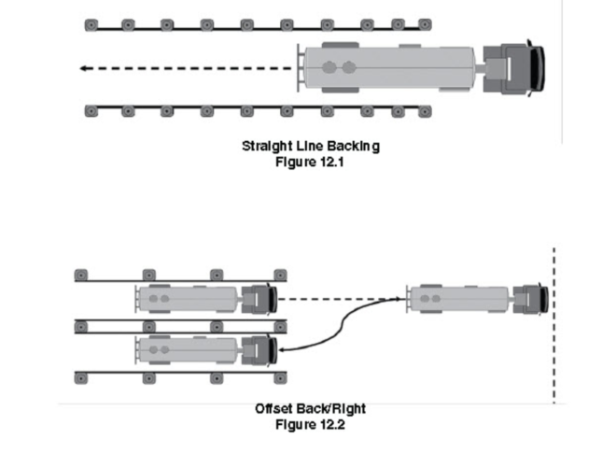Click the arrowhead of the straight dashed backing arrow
tap(83, 68)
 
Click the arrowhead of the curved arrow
tap(280, 350)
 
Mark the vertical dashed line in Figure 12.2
tap(554, 327)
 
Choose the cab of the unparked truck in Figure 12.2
tap(530, 299)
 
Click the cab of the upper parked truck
tap(257, 299)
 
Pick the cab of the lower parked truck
tap(257, 350)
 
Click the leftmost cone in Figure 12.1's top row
tap(91, 23)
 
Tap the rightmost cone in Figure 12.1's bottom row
tap(426, 111)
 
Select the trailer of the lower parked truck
tap(187, 350)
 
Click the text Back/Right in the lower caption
tap(333, 409)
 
